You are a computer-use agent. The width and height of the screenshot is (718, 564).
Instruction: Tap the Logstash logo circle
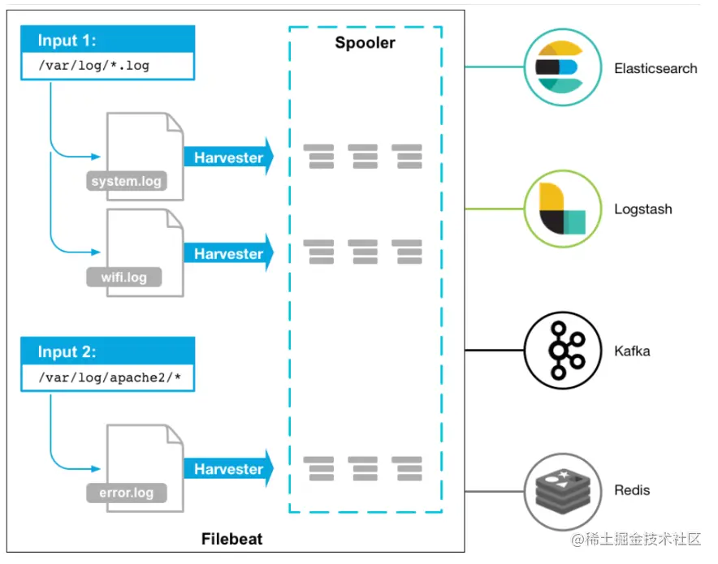click(561, 209)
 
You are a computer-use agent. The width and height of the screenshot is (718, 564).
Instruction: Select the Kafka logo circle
click(561, 351)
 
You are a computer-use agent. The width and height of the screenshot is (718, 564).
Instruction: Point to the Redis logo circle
click(561, 491)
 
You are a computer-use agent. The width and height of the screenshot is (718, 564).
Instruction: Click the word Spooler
click(365, 42)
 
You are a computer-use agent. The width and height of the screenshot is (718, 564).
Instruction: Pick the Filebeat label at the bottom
click(231, 539)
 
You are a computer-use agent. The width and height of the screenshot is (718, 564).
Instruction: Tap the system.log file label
click(126, 181)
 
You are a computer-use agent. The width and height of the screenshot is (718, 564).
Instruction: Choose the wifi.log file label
click(123, 278)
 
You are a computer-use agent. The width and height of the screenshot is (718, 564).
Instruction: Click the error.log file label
click(126, 492)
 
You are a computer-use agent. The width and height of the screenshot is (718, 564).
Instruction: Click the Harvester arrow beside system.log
click(228, 157)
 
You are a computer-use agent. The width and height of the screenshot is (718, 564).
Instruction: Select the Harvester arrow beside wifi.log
click(228, 254)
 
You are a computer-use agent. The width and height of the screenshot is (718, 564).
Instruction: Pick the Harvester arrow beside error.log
click(228, 469)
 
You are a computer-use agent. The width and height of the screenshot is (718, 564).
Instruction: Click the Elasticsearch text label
click(655, 68)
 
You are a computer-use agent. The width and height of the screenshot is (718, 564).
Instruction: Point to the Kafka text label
click(632, 351)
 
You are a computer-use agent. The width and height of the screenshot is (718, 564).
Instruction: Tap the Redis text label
click(632, 491)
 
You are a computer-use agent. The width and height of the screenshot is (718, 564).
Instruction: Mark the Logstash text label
click(642, 209)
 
